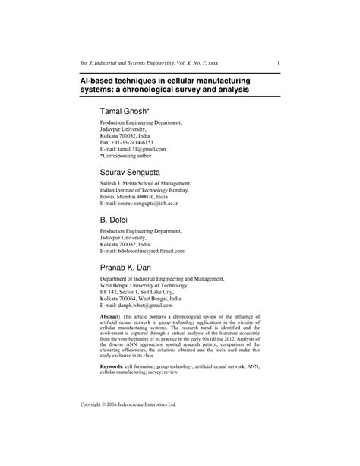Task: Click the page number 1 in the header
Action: [x=279, y=62]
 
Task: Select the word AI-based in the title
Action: [x=101, y=79]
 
